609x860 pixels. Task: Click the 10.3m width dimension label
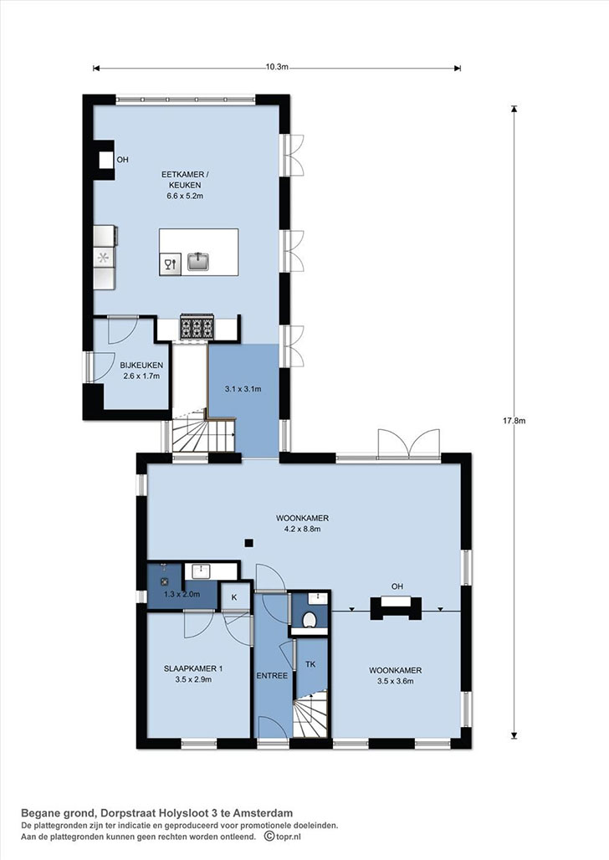point(277,67)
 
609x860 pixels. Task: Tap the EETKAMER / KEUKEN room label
point(185,179)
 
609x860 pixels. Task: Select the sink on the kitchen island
point(198,262)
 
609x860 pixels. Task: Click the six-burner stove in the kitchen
point(197,327)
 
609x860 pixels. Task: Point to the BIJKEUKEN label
point(141,366)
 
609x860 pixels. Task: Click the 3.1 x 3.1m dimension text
point(243,389)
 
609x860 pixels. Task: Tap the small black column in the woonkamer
point(248,543)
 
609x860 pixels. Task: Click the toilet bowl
point(310,619)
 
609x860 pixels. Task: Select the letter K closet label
point(233,597)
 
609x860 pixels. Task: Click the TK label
point(310,664)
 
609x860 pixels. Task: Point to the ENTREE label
point(272,676)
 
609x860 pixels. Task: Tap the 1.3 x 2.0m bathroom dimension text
point(182,594)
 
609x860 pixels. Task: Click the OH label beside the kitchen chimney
point(122,160)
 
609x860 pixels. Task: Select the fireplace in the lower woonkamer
point(397,607)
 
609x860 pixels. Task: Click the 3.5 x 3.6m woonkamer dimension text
point(395,682)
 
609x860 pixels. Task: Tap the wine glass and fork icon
point(171,264)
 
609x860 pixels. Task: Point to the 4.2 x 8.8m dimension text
point(302,530)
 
